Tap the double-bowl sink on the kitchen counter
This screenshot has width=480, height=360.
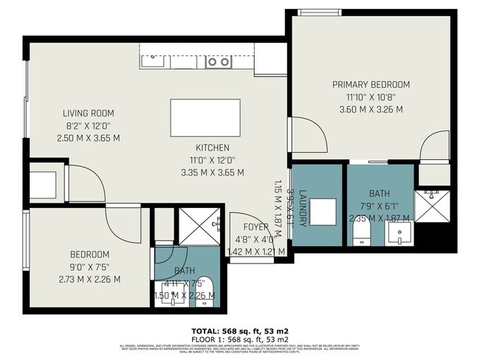pyautogui.click(x=217, y=63)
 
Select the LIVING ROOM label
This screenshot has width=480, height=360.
pyautogui.click(x=88, y=113)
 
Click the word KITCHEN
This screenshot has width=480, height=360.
pyautogui.click(x=212, y=148)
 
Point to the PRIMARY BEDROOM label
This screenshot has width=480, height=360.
pyautogui.click(x=371, y=85)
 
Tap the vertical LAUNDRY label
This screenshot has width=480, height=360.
pyautogui.click(x=302, y=195)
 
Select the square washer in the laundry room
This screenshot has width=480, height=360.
pyautogui.click(x=323, y=211)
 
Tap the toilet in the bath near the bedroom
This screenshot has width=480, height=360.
pyautogui.click(x=206, y=291)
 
